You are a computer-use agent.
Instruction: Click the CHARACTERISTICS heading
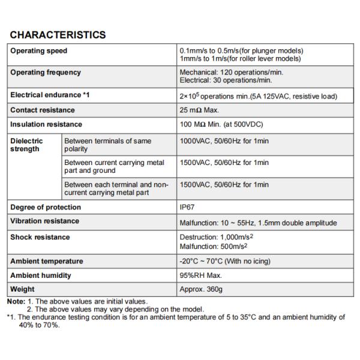[58, 35]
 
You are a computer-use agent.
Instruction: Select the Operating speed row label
[39, 51]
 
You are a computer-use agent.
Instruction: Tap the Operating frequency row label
[46, 73]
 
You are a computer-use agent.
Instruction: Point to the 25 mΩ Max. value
[200, 110]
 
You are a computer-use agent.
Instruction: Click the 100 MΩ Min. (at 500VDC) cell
[221, 124]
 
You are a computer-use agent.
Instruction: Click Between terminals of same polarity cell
[107, 145]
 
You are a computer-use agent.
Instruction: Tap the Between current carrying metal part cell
[114, 166]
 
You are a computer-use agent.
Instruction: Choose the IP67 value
[188, 207]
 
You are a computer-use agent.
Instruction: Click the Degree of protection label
[46, 207]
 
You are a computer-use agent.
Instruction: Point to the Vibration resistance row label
[44, 221]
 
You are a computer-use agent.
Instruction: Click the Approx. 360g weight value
[201, 289]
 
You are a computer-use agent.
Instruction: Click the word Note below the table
[16, 301]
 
